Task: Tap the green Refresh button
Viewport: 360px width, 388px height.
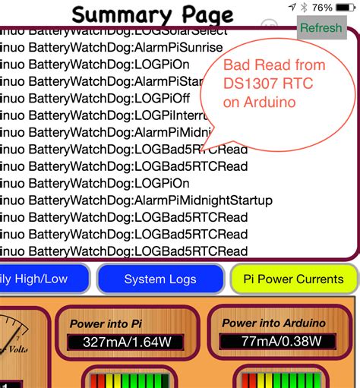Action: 321,28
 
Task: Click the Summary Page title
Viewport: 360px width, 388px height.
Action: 152,14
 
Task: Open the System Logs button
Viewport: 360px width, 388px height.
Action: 160,279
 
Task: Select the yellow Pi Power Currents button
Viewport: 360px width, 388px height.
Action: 293,279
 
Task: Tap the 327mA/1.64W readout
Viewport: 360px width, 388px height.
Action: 130,342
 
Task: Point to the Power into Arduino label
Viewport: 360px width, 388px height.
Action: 273,323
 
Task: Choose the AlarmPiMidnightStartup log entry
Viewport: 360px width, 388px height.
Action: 137,200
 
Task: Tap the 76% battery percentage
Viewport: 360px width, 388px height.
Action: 322,8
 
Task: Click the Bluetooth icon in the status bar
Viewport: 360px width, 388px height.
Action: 304,8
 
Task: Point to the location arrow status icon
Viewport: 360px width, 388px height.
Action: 292,8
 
